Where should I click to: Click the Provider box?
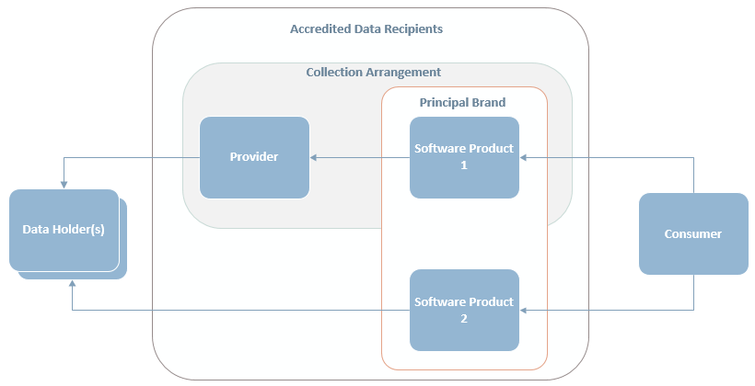tap(254, 157)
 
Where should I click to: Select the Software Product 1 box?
tap(464, 157)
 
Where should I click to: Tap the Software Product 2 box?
tap(464, 310)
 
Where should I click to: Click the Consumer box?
tap(693, 233)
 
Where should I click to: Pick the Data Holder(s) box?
tap(64, 231)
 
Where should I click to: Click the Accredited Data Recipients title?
tap(366, 28)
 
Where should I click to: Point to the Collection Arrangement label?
tap(374, 72)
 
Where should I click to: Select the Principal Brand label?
tap(463, 102)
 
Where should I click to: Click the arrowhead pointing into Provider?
tap(313, 157)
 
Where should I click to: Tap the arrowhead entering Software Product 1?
tap(523, 157)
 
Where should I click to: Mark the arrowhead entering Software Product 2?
tap(523, 310)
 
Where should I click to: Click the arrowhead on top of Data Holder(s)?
tap(64, 186)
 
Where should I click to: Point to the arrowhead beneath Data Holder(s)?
tap(72, 284)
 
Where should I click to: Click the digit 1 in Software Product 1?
tap(464, 165)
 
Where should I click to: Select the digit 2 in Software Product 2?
tap(464, 319)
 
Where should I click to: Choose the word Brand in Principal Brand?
tap(489, 102)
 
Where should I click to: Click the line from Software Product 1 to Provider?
tap(360, 157)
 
